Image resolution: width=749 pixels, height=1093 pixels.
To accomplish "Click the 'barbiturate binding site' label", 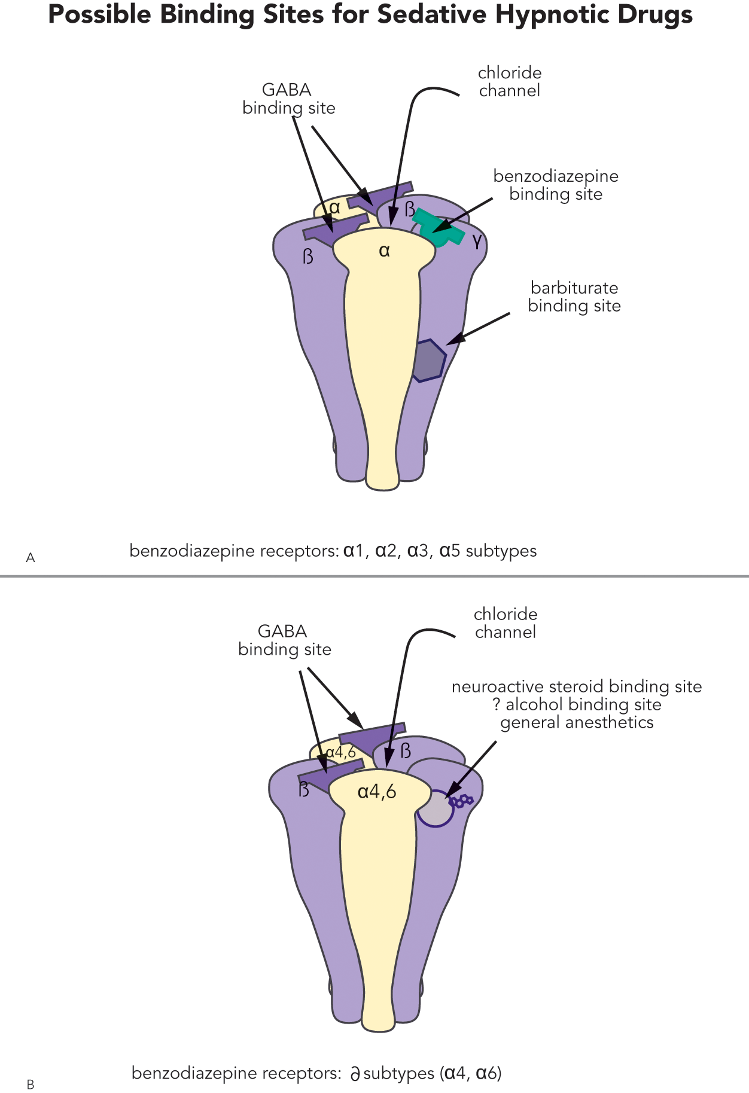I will pos(574,297).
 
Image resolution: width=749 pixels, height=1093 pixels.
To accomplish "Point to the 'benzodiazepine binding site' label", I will pos(556,185).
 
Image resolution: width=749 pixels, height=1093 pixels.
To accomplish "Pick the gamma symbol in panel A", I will pos(477,241).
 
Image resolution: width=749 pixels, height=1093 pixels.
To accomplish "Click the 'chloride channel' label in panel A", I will pos(510,82).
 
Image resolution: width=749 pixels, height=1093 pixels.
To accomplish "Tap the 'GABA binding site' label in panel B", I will pos(284,640).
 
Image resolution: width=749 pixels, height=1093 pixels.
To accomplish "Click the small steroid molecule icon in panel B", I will pos(461,801).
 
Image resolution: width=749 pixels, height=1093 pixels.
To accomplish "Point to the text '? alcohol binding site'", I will pos(577,704).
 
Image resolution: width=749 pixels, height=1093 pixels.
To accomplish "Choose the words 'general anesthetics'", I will pos(577,722).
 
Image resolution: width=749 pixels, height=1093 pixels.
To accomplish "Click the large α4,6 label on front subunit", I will pos(377,792).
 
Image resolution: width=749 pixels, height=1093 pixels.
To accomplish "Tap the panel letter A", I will pos(31,557).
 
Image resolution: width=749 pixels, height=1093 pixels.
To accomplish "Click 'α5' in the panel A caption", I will pos(450,551).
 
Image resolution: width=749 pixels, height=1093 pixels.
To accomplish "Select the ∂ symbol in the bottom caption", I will pos(355,1074).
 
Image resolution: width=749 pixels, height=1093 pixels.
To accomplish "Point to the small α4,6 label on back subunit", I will pos(340,752).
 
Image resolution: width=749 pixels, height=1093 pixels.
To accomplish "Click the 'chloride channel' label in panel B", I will pos(506,623).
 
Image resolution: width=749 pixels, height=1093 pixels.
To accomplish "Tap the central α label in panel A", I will pos(384,251).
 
